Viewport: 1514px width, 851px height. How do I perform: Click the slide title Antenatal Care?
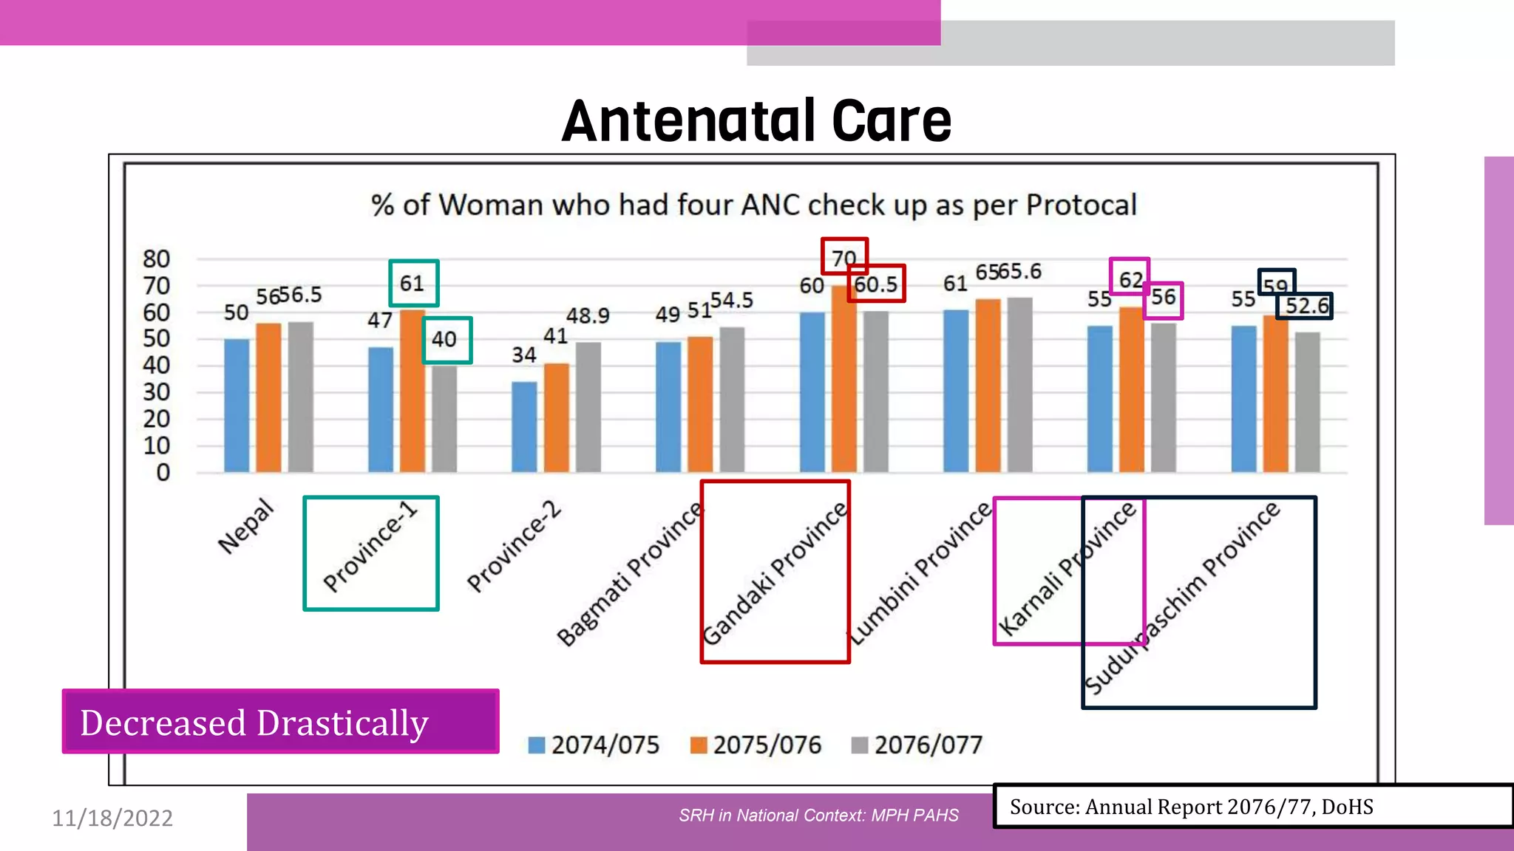point(756,121)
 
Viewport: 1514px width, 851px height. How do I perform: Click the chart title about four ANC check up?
point(753,205)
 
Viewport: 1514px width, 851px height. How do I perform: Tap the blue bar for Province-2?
point(524,427)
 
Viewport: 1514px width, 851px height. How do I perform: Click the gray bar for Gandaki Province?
point(876,392)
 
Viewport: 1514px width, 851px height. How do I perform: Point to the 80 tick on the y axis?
point(156,259)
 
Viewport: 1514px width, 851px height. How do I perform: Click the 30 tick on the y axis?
point(156,392)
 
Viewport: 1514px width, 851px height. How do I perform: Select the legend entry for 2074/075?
point(594,745)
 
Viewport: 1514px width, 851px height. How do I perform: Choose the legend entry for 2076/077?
point(917,745)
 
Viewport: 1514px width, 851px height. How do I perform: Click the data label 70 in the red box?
point(843,258)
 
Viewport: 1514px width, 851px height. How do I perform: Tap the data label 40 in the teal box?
point(444,339)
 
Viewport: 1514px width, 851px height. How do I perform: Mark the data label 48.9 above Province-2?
point(588,316)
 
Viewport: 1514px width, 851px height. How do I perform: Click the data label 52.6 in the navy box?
point(1306,306)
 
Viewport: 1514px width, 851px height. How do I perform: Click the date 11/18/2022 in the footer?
point(112,818)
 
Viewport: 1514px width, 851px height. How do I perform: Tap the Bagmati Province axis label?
point(629,574)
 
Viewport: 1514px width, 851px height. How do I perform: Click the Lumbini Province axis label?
point(920,573)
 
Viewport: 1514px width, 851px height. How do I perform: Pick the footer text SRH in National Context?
point(818,816)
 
